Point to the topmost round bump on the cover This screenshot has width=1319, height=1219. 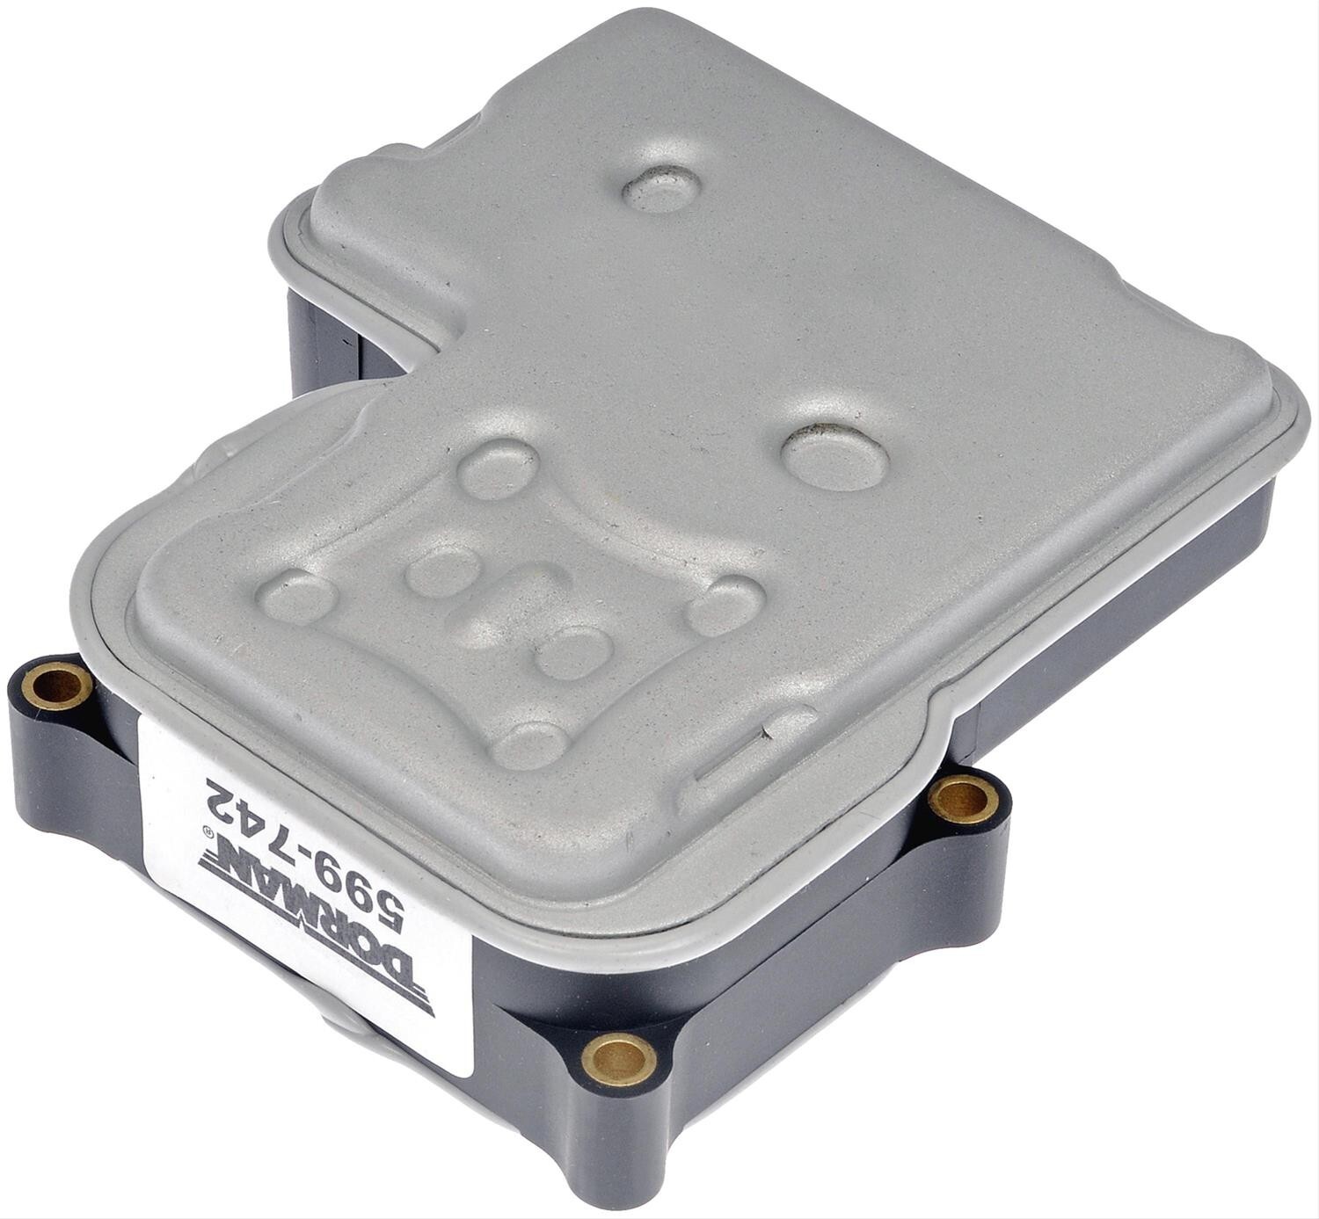pos(661,188)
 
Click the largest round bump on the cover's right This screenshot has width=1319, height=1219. pos(834,457)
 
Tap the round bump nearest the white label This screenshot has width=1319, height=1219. pos(530,746)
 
